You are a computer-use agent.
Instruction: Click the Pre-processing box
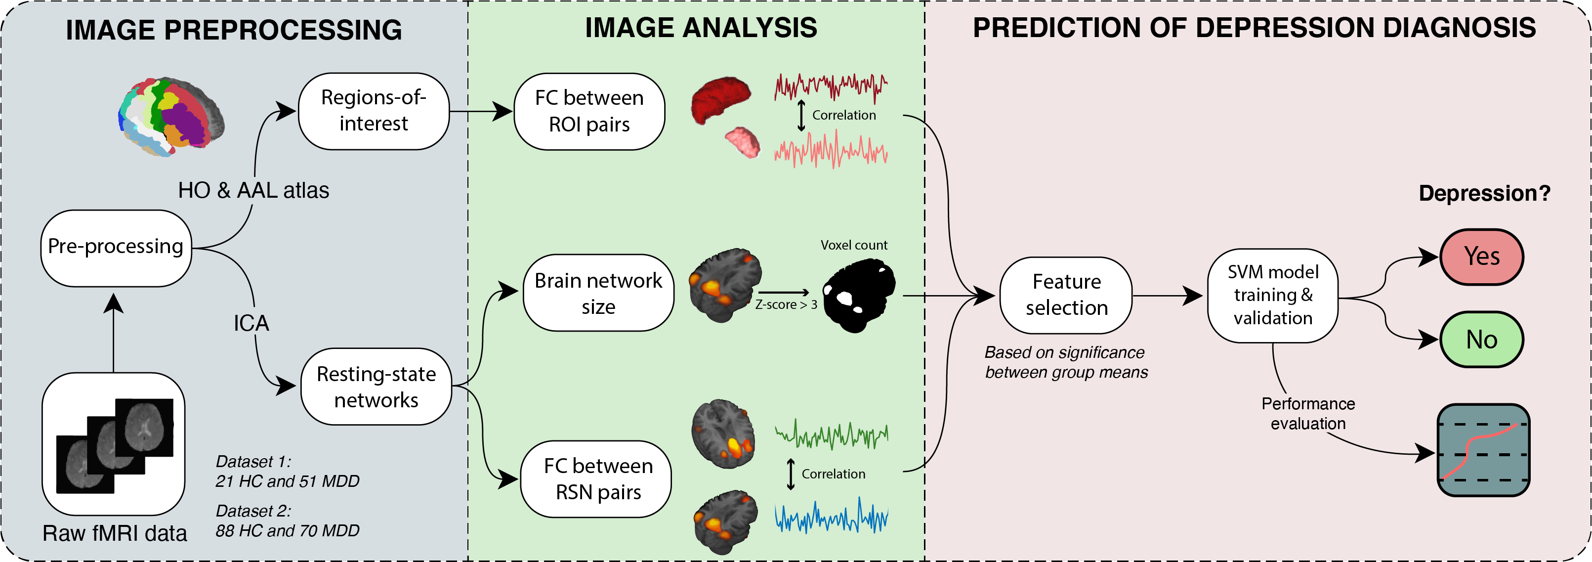point(116,248)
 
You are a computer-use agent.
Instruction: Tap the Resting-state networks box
point(377,387)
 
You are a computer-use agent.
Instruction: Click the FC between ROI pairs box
point(589,111)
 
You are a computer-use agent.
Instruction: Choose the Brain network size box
point(598,293)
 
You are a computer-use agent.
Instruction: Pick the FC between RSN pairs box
point(596,479)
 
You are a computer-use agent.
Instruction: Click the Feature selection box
point(1066,296)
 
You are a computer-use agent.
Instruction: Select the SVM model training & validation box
point(1273,296)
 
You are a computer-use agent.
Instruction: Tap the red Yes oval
point(1482,257)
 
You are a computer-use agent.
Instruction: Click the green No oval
point(1482,340)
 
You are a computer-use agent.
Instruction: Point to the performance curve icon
point(1484,450)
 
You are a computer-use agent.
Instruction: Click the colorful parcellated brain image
point(171,116)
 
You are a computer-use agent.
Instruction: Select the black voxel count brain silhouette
point(858,296)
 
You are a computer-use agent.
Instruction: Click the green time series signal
point(831,434)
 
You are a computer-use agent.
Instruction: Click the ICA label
point(251,323)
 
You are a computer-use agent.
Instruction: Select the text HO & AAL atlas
point(253,190)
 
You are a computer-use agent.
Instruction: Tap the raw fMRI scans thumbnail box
point(114,444)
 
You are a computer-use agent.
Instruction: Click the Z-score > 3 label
point(786,304)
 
